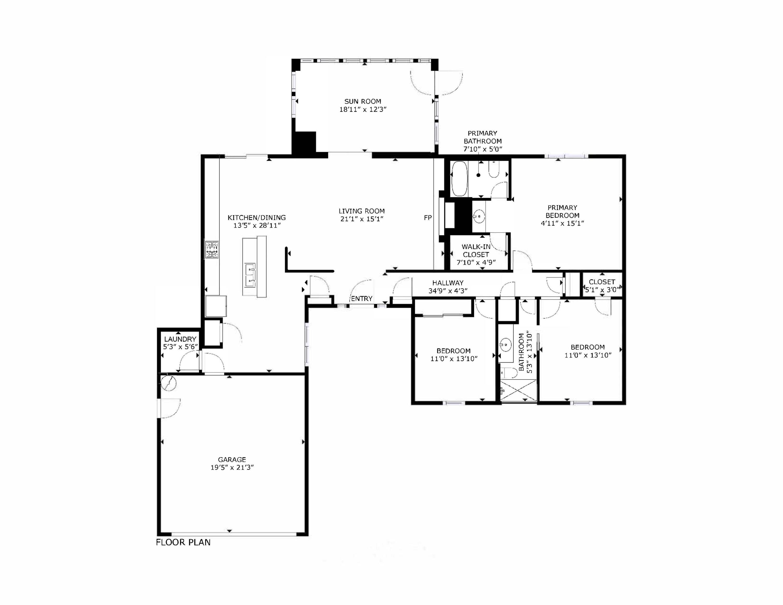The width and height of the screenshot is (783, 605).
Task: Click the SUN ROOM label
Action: click(x=363, y=102)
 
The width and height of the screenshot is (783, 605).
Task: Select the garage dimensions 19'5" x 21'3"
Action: click(x=232, y=467)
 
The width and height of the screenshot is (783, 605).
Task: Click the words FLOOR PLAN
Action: click(x=183, y=542)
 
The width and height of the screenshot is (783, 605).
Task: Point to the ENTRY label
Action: click(x=361, y=299)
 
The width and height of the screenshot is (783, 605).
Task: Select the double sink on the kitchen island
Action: click(x=250, y=275)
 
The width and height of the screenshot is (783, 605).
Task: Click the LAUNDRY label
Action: click(x=180, y=339)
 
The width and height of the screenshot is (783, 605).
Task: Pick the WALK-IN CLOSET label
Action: click(x=476, y=251)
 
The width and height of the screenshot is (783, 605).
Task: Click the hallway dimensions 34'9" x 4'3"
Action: click(x=448, y=291)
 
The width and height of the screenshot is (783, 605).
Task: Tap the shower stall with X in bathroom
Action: click(x=518, y=391)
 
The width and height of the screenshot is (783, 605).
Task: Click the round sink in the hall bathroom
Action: click(x=506, y=345)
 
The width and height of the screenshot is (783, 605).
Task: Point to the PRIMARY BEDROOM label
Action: click(x=562, y=211)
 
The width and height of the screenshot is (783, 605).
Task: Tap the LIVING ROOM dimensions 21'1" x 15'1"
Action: click(x=362, y=219)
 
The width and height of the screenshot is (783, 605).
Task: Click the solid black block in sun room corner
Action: click(x=304, y=143)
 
